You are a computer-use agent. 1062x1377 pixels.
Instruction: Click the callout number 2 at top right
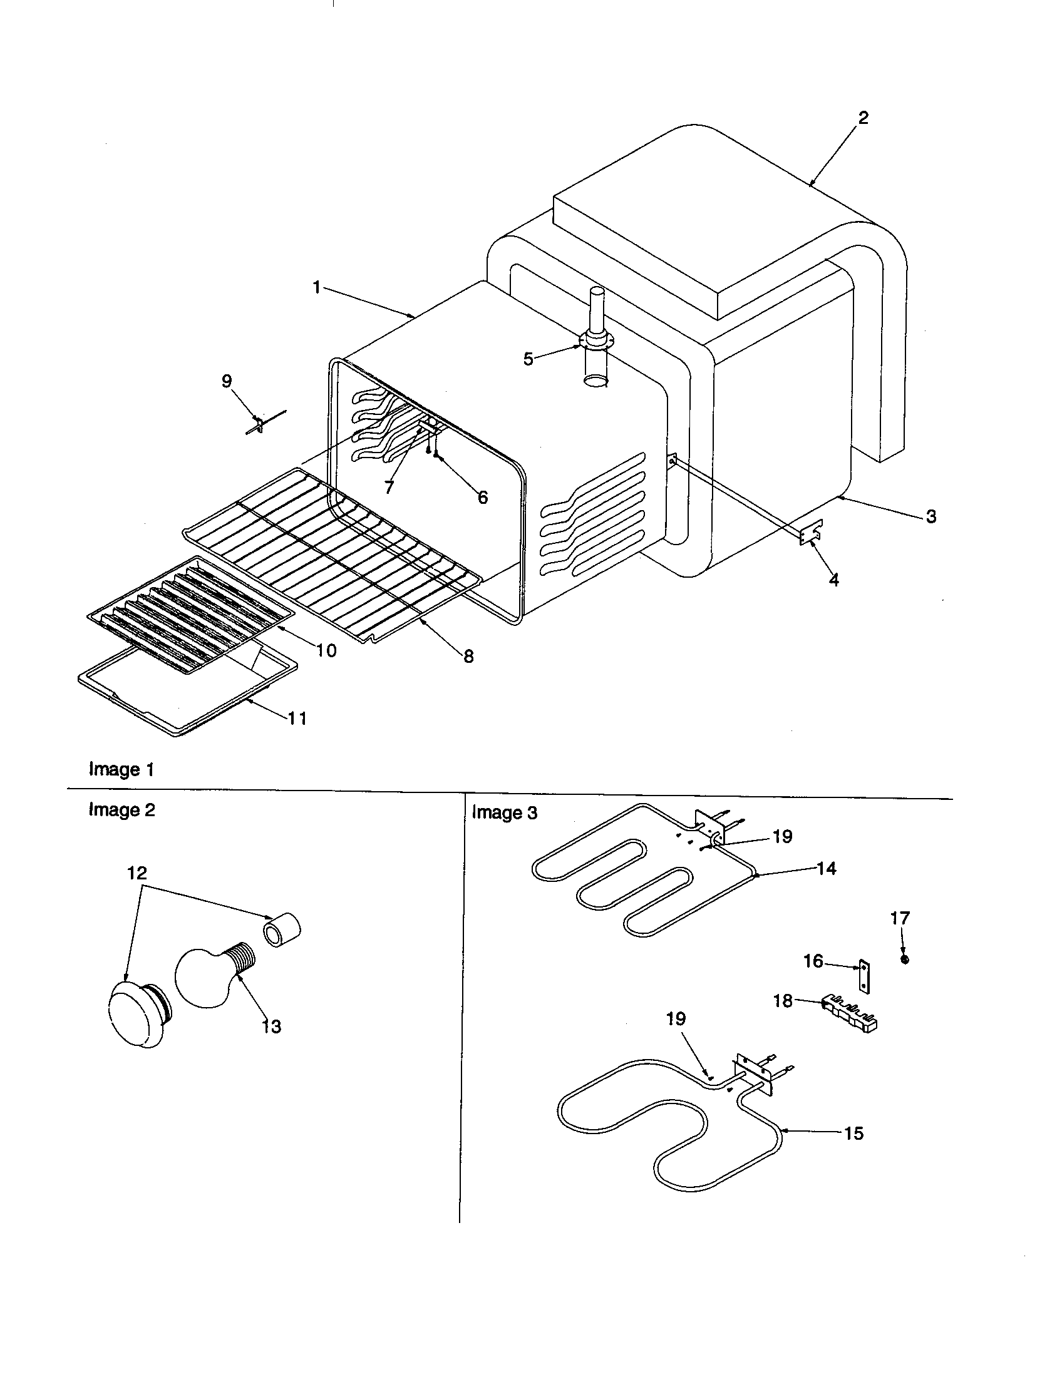[x=863, y=118]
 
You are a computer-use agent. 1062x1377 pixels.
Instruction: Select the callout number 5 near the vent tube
[x=528, y=359]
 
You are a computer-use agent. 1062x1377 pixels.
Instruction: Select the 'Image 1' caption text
[x=121, y=769]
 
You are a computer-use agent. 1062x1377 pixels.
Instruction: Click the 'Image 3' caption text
[x=505, y=812]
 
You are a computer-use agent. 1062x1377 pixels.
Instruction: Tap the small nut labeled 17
[x=905, y=960]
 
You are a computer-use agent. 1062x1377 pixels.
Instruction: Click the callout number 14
[x=826, y=868]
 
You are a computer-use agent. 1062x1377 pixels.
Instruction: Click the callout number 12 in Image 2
[x=137, y=873]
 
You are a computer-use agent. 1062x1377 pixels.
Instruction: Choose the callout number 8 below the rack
[x=468, y=657]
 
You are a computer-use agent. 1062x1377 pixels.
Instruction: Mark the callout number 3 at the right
[x=931, y=516]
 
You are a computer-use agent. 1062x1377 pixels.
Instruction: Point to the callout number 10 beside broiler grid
[x=326, y=650]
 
